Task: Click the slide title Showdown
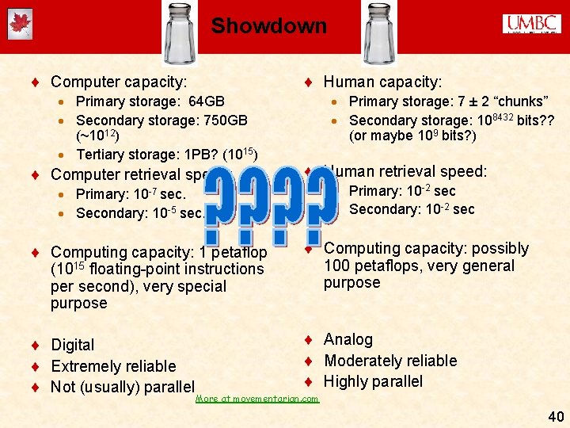coord(268,26)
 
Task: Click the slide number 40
coord(555,415)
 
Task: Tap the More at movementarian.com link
coord(256,399)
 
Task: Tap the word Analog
coord(348,339)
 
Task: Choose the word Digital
coord(72,345)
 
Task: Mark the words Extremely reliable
coord(113,366)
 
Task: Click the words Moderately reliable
coord(390,361)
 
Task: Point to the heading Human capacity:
coord(383,82)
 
